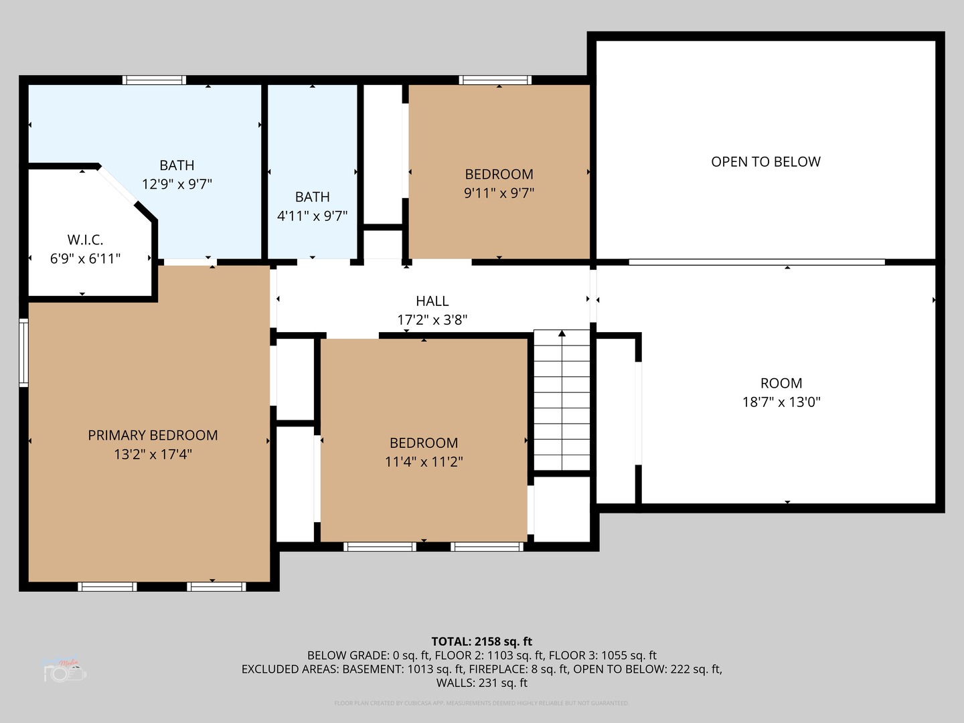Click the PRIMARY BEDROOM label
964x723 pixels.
tap(153, 435)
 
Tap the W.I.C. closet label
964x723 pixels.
tap(85, 240)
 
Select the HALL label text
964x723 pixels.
tap(432, 301)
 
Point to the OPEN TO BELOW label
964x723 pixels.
tap(765, 161)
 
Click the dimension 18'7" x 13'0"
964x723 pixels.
tap(781, 402)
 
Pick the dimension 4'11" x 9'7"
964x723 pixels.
tap(312, 216)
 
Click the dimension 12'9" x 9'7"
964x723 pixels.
tap(177, 183)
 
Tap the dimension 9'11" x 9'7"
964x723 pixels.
tap(499, 193)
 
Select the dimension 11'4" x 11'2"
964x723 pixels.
tap(424, 461)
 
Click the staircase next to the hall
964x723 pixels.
tap(562, 402)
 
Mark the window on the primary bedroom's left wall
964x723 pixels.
tap(24, 353)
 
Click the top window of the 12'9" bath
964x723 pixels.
tap(154, 80)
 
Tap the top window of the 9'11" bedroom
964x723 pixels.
tap(495, 80)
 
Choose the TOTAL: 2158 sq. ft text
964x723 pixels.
tap(481, 641)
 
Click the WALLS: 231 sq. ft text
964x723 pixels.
tap(481, 683)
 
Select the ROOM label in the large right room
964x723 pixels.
tap(781, 383)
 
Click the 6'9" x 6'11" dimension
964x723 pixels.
tap(85, 258)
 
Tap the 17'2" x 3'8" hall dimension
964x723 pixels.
tap(432, 320)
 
